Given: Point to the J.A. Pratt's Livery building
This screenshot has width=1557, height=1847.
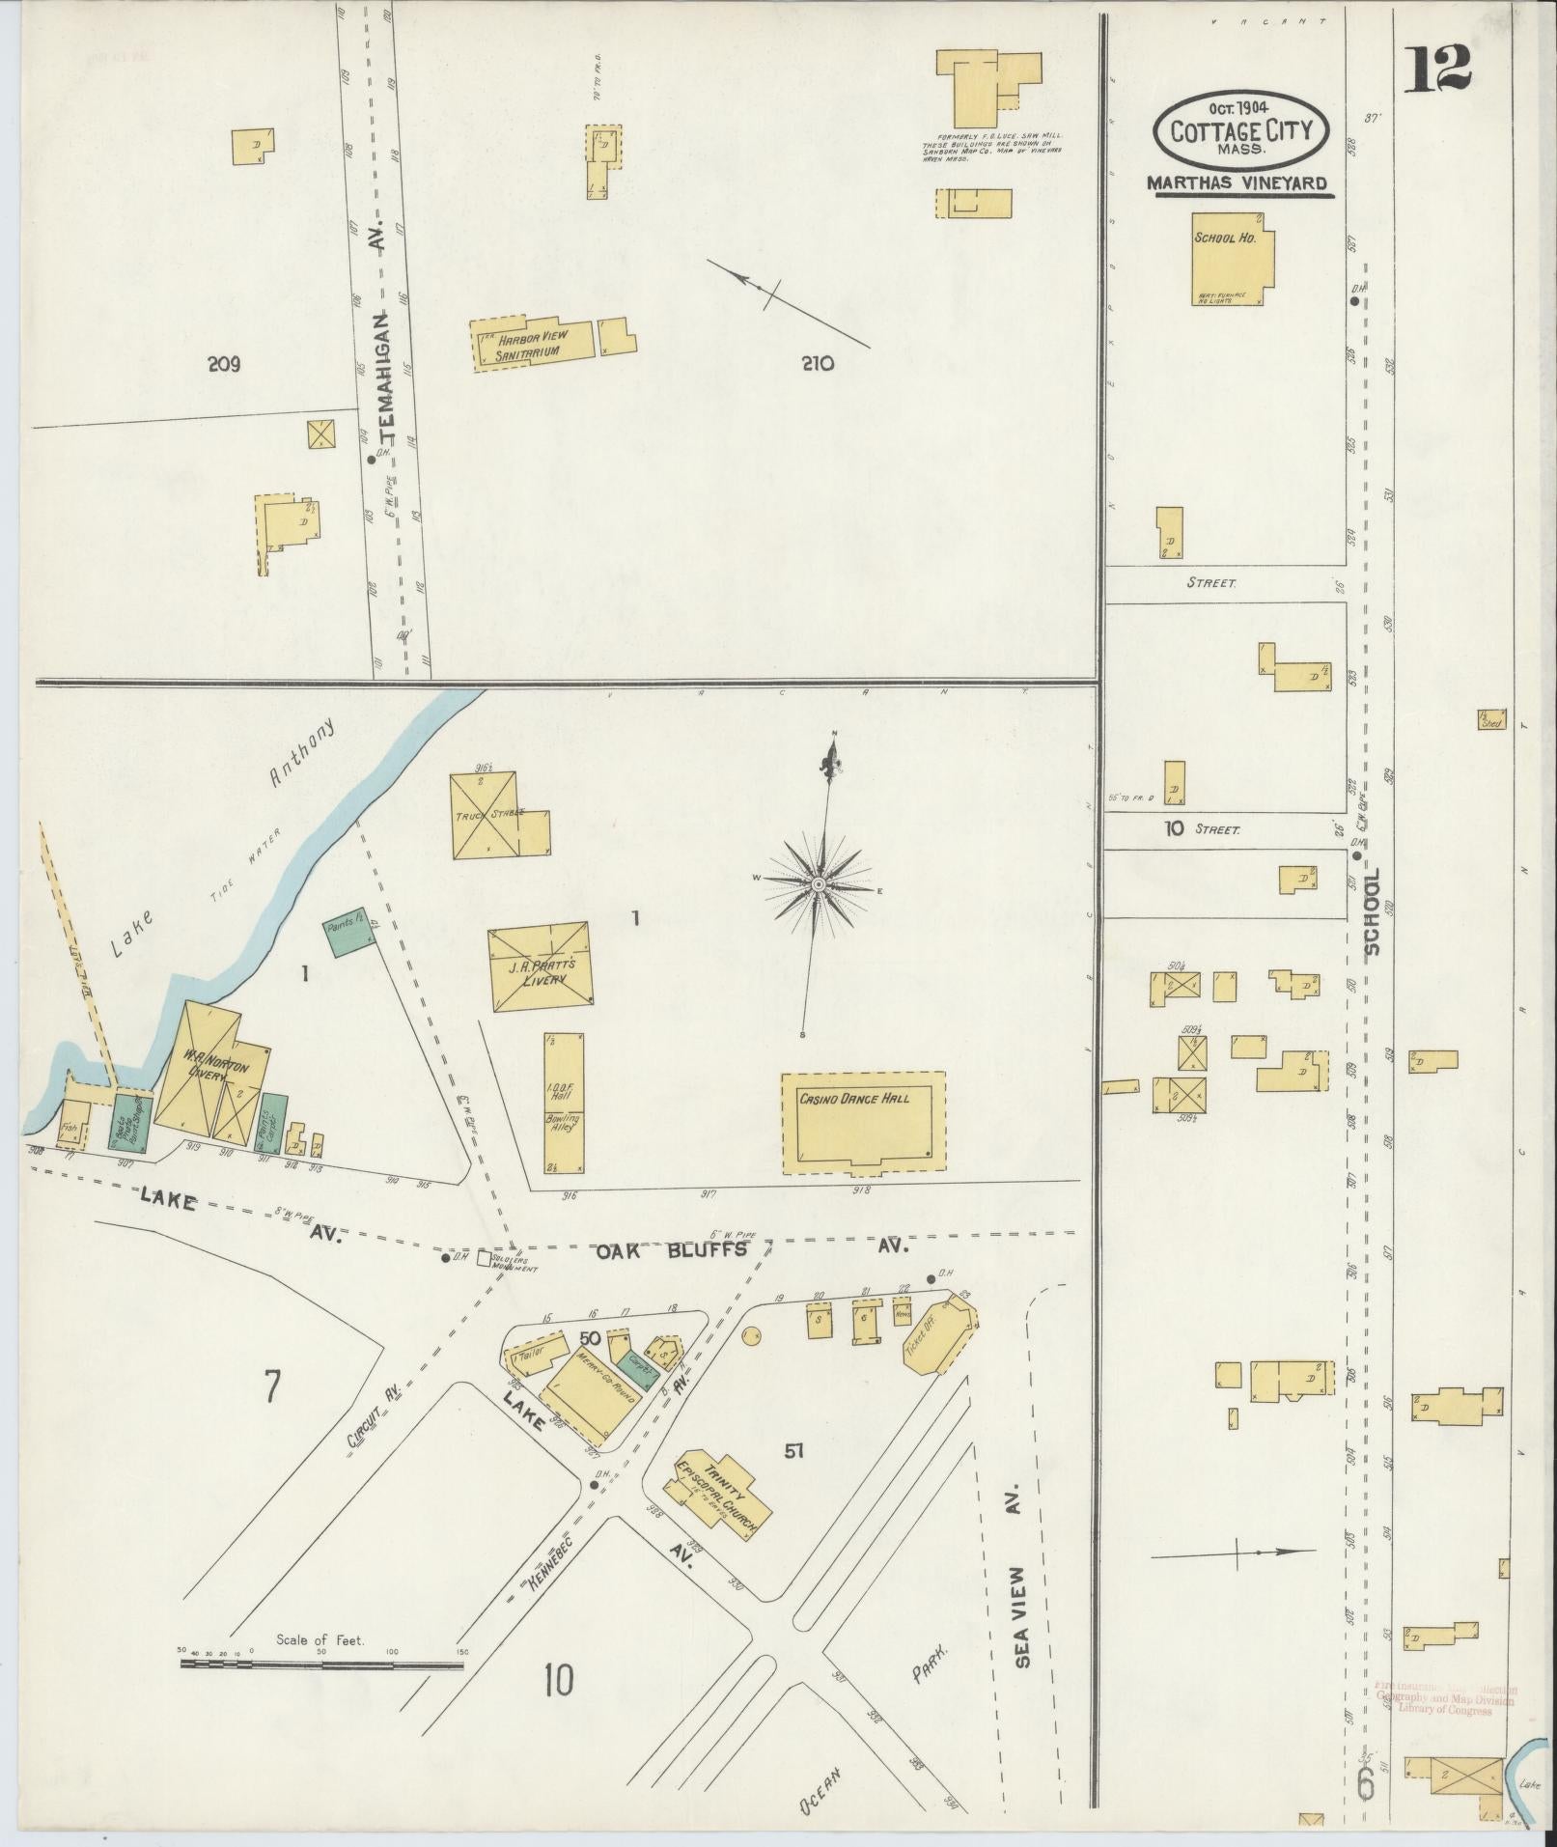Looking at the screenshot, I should [540, 967].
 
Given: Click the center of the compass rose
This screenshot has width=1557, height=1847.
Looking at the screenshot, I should [818, 884].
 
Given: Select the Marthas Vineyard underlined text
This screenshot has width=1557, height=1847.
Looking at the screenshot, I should [1237, 182].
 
